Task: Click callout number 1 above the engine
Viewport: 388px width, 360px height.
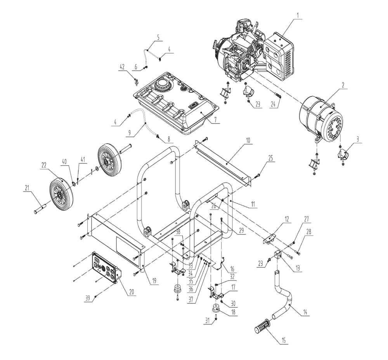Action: [x=298, y=16]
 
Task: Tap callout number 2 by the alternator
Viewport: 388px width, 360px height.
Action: [x=343, y=85]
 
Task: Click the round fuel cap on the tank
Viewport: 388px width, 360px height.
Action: [x=162, y=85]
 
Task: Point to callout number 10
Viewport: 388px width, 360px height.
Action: [x=248, y=141]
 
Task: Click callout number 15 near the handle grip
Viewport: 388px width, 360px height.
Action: [x=284, y=341]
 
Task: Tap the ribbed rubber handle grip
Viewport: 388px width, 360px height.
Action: [x=263, y=326]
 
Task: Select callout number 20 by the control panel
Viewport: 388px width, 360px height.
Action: [x=132, y=292]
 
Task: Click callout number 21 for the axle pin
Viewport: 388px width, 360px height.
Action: [x=27, y=188]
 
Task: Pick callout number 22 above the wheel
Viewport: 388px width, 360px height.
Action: [x=44, y=165]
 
